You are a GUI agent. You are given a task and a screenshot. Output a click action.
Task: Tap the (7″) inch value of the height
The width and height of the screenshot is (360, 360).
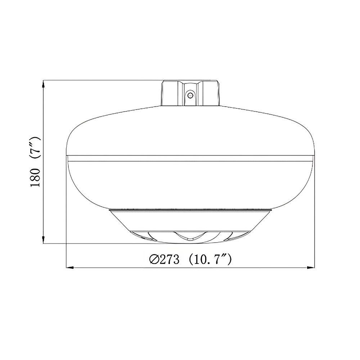point(36,148)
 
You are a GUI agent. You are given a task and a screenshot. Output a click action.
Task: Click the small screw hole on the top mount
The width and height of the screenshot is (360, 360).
point(190,95)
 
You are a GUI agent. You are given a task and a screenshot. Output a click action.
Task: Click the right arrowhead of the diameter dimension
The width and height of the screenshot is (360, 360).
point(312,267)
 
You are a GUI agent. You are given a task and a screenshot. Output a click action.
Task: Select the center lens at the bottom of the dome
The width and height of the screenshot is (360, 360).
point(190,236)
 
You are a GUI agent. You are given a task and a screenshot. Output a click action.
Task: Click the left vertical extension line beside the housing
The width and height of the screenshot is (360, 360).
point(67,216)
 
